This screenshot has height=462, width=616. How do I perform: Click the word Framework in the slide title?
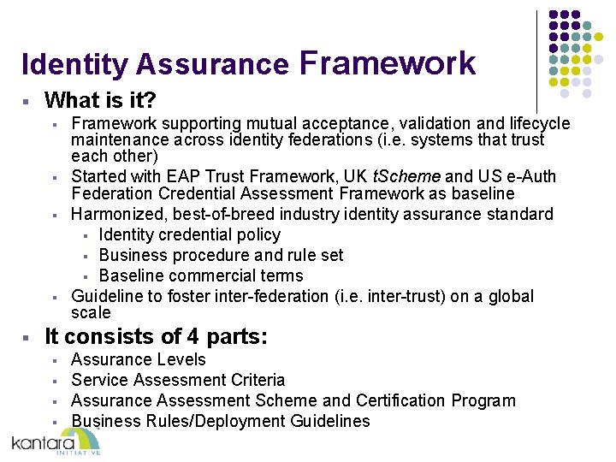pos(387,63)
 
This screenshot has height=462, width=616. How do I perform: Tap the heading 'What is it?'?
pos(100,101)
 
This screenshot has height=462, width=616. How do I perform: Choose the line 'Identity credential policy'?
pos(189,234)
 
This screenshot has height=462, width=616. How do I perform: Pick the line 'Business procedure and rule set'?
pos(221,255)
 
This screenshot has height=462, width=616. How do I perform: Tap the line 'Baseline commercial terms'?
pos(201,275)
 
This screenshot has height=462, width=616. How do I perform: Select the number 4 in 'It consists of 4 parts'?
pos(193,337)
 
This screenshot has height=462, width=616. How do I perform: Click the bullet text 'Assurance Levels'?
pos(139,359)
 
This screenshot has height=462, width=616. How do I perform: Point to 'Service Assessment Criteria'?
pos(178,380)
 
